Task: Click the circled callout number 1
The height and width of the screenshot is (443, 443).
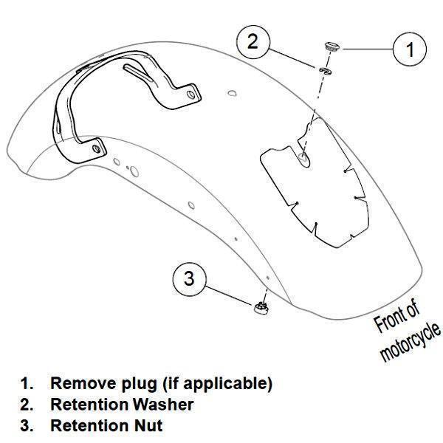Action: coord(409,49)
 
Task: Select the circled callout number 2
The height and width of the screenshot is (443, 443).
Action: coord(253,42)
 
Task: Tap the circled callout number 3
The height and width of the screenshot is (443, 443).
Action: coord(189,279)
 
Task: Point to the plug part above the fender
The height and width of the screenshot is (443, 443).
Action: coord(332,47)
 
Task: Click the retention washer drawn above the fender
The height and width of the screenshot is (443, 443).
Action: coord(326,71)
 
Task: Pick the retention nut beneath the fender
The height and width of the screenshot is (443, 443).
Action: coord(261,307)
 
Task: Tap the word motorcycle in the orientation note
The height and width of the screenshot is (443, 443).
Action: coord(410,342)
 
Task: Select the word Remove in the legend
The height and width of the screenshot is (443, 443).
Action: coord(83,383)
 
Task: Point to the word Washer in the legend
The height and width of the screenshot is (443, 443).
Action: coord(163,405)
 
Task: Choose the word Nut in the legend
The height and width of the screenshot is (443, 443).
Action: coord(148,425)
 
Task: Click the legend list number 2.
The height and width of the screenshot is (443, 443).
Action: coord(27,405)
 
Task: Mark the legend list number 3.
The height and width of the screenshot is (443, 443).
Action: coord(27,426)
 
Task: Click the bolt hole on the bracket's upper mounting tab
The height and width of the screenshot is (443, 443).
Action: coord(191,95)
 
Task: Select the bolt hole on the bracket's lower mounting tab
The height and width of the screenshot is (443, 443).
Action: coord(97,148)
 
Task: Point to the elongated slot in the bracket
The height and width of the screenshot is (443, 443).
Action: coord(138,72)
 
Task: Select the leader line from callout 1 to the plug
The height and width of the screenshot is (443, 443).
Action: coord(368,49)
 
